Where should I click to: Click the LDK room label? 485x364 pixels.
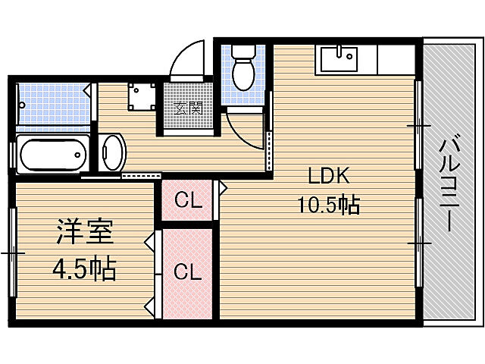tap(327, 176)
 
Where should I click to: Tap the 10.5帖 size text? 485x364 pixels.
tap(328, 204)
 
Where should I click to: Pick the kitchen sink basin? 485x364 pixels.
tap(339, 58)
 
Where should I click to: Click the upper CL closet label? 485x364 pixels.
tap(187, 201)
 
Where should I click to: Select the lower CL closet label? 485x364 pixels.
tap(187, 272)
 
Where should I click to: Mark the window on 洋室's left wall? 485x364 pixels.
tap(12, 252)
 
